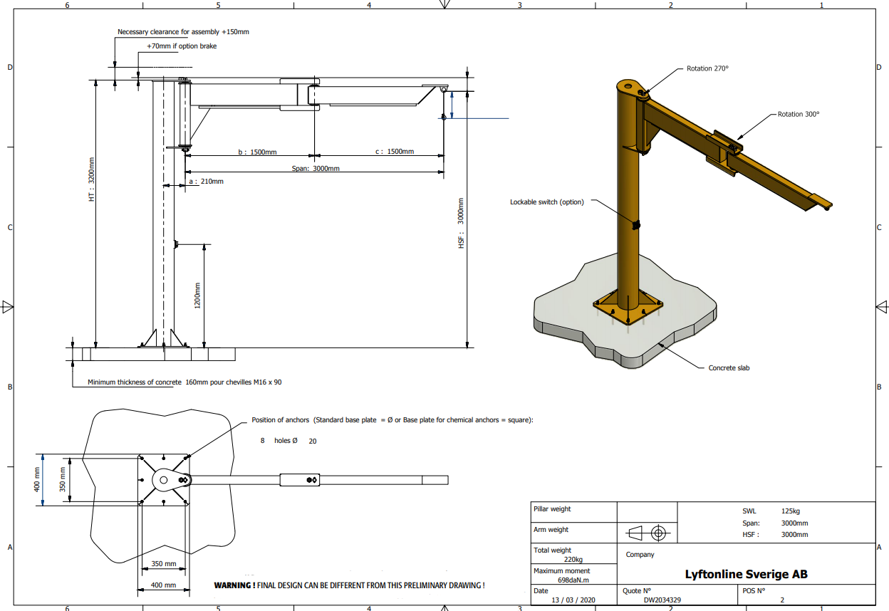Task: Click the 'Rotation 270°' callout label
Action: click(x=707, y=68)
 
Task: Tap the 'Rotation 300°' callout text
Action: click(x=798, y=114)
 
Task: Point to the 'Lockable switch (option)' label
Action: click(x=547, y=202)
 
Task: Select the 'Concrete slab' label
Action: click(x=729, y=367)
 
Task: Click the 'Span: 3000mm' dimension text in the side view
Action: click(x=316, y=168)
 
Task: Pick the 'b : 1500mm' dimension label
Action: click(x=257, y=152)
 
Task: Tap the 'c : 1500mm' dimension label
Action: click(x=395, y=152)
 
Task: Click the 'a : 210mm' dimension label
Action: click(x=206, y=182)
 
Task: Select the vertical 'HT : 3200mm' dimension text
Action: click(x=92, y=179)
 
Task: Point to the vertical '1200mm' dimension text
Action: click(x=197, y=296)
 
